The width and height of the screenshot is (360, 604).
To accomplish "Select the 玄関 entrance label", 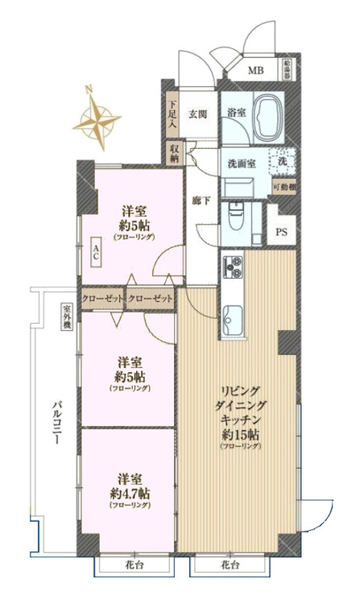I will [x=198, y=114].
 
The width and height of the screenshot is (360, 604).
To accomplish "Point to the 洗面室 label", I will [x=242, y=159].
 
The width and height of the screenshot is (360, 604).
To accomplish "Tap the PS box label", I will [x=282, y=234].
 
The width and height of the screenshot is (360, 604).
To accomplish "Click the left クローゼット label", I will [x=102, y=299].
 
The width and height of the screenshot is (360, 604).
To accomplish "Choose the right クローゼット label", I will [x=151, y=299].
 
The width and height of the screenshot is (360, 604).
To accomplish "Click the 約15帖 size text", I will [x=241, y=436].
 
